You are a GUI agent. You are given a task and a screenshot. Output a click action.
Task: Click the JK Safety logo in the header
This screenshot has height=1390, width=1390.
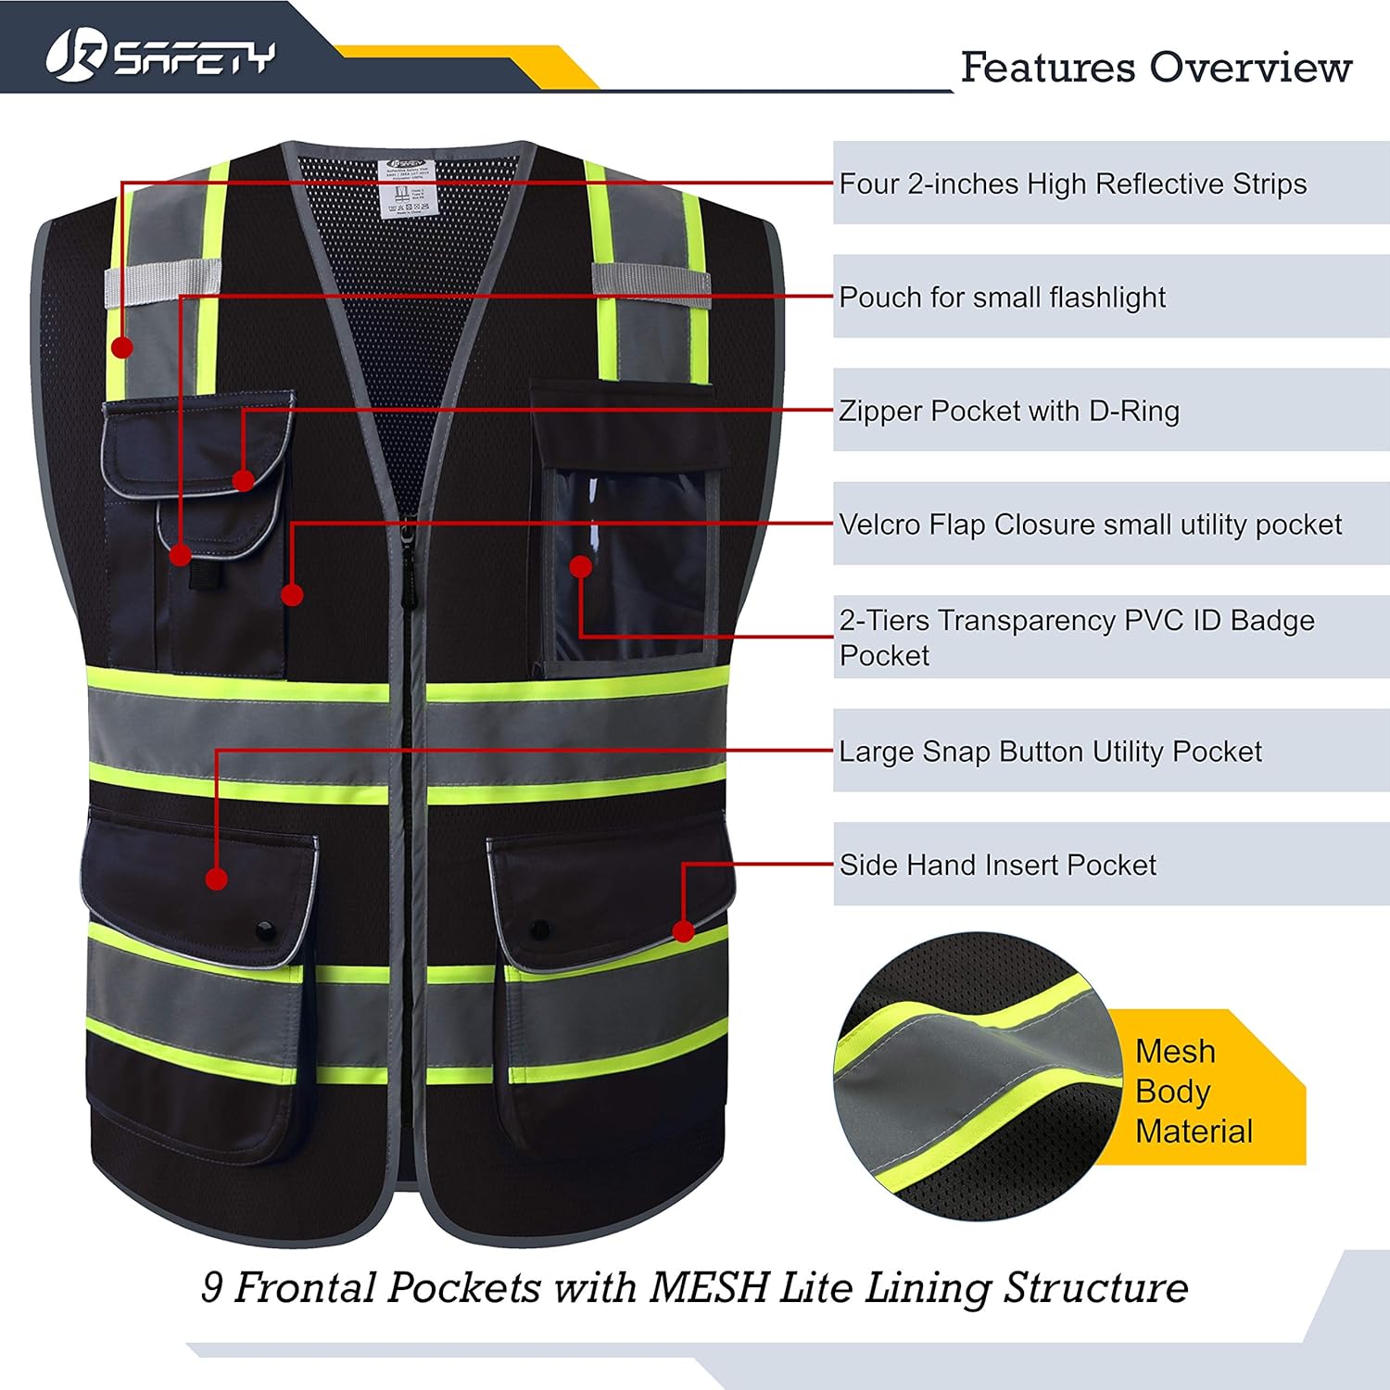pos(160,56)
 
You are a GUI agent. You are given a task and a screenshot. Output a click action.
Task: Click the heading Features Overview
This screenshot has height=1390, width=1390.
pos(1156,68)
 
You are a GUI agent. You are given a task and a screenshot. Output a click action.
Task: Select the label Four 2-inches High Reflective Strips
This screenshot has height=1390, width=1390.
pos(1072,183)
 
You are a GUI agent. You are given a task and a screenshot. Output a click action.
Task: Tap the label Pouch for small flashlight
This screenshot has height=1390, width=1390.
pos(1002,297)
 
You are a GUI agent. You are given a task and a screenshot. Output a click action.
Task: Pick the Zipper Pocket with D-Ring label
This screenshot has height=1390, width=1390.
pos(1009,411)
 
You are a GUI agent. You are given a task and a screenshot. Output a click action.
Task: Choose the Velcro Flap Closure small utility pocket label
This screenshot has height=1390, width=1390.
pos(1090,524)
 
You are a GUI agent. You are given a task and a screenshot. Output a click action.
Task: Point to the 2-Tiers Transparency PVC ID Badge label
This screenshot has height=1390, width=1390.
pos(1076,637)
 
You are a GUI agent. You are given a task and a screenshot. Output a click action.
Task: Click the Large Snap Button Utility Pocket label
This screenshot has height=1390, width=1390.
pos(1050,752)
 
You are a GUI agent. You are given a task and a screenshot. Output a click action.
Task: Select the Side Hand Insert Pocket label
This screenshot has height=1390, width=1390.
pos(997,865)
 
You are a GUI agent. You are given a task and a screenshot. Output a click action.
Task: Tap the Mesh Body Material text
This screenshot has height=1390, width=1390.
pos(1194,1091)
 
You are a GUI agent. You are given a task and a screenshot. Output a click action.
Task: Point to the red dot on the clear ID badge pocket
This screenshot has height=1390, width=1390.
pos(581,566)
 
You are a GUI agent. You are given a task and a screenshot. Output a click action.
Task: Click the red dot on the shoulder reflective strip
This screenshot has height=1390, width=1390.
pos(121,347)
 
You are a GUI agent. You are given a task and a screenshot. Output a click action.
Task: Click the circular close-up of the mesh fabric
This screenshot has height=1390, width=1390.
pos(973,1075)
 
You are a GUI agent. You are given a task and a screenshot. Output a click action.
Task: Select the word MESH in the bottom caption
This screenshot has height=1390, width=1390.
pos(710,1287)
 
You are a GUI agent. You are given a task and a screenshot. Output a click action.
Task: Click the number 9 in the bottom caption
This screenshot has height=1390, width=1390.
pos(212,1287)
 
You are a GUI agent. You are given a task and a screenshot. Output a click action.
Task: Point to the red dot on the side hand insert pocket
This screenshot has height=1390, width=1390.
pos(683,930)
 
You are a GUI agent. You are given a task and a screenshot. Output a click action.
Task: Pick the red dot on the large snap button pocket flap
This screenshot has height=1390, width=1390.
pos(216,878)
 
